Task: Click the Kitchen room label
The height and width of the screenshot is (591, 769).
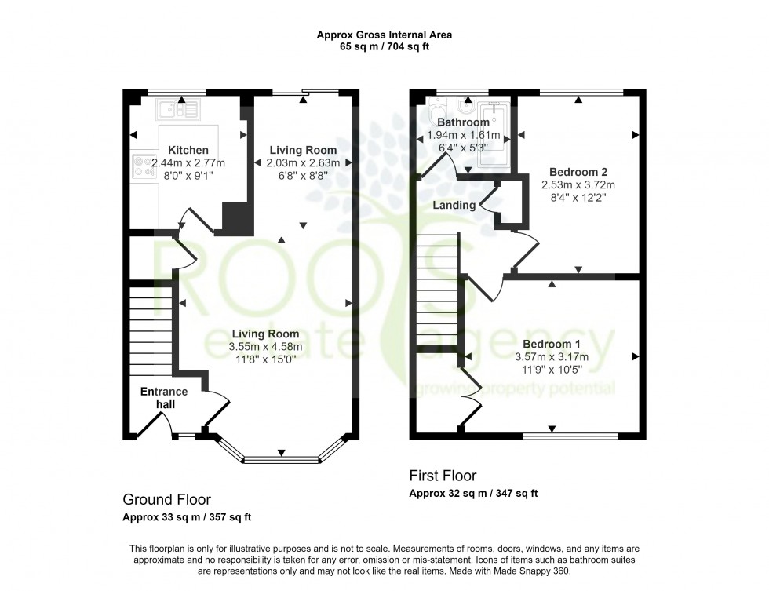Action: [x=188, y=150]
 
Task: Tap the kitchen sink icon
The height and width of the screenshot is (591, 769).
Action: [x=178, y=110]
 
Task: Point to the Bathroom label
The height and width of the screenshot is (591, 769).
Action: [x=463, y=122]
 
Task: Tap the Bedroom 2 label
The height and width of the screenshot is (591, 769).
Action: [x=579, y=171]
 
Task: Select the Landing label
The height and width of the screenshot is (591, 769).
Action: [x=454, y=205]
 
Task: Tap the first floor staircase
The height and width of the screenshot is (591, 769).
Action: [x=436, y=290]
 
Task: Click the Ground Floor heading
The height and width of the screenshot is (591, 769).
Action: [x=166, y=499]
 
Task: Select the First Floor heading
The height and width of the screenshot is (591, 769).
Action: [x=443, y=476]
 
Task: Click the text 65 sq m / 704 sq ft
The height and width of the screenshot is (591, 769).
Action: [x=384, y=46]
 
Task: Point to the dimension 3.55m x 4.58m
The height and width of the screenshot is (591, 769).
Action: [x=265, y=346]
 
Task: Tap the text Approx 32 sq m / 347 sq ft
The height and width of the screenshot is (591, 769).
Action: [x=473, y=494]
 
